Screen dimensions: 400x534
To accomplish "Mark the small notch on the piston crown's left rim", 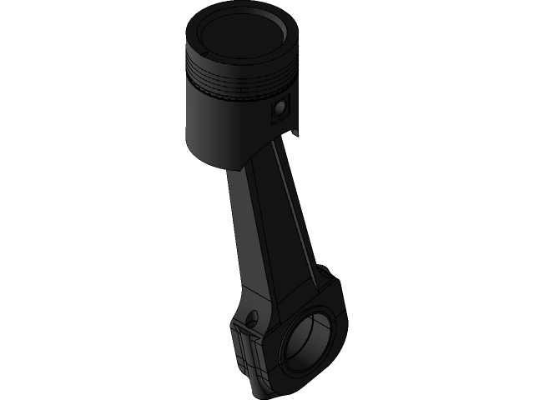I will [x=197, y=37].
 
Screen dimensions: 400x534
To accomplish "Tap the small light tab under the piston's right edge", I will [x=294, y=134].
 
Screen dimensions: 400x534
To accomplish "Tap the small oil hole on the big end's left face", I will [x=249, y=316].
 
